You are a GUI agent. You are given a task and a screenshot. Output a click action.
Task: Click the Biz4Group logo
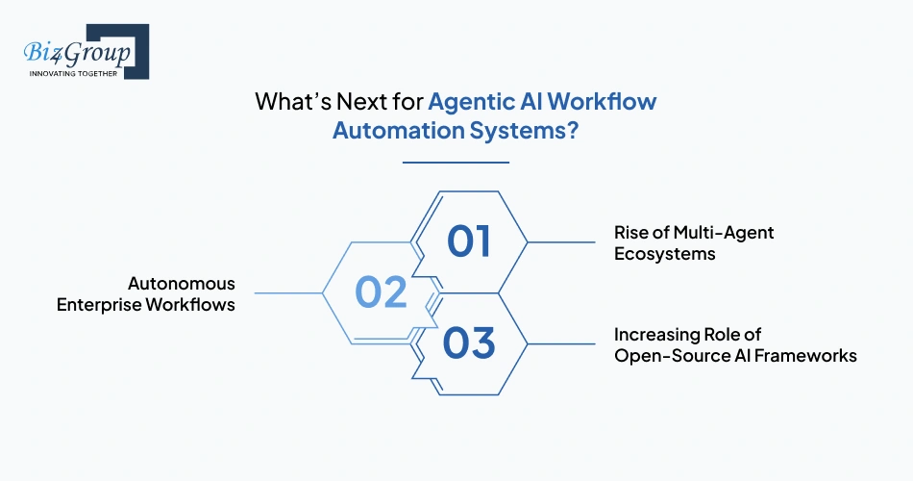tap(82, 51)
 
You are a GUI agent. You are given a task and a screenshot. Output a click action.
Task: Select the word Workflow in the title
tap(603, 102)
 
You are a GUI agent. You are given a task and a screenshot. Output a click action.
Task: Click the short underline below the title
tap(456, 163)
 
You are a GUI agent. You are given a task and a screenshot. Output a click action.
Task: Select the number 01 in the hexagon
tap(469, 242)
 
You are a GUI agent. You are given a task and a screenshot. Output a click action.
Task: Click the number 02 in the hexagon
tap(382, 291)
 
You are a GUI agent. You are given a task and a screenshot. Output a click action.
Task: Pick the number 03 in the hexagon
tap(469, 342)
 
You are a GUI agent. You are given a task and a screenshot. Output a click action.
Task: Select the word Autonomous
tap(182, 284)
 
